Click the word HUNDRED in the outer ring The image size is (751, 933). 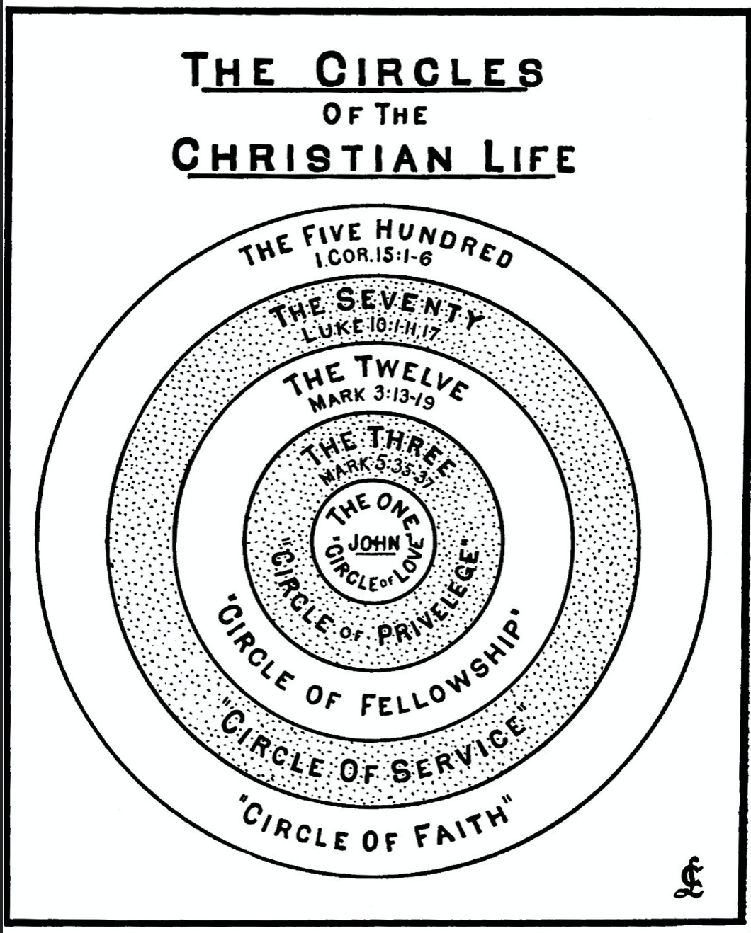coord(444,245)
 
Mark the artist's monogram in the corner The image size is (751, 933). coord(689,878)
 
